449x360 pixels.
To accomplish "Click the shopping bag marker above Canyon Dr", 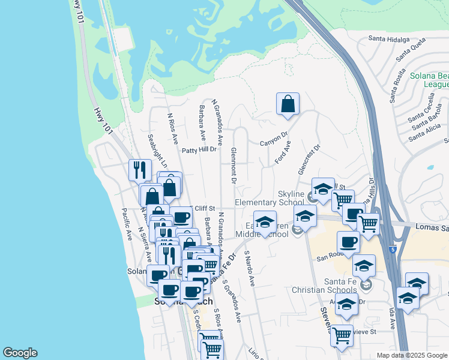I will click(288, 104).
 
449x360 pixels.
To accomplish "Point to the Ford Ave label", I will click(282, 152).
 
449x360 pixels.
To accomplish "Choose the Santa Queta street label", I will click(410, 52).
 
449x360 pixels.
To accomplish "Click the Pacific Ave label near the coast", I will click(127, 224).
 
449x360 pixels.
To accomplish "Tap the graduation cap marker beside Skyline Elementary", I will click(323, 188).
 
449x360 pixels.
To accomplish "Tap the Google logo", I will click(20, 353).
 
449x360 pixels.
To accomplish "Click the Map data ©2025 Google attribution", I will click(412, 355).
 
